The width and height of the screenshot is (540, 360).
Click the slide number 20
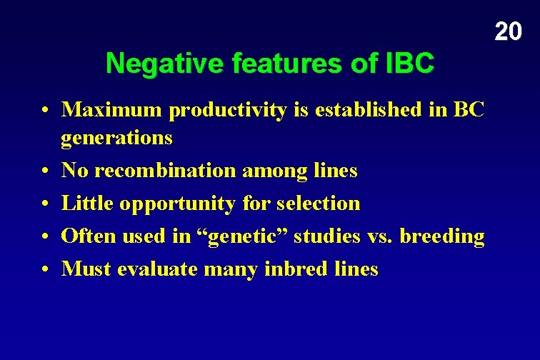[x=508, y=31]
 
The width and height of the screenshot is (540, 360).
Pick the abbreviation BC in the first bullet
[x=469, y=110]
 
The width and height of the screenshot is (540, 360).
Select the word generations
[x=116, y=138]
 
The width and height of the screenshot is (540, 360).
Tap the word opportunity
[x=177, y=204]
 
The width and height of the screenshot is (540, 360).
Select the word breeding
[x=442, y=236]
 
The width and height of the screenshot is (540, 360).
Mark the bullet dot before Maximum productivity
[x=44, y=111]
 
